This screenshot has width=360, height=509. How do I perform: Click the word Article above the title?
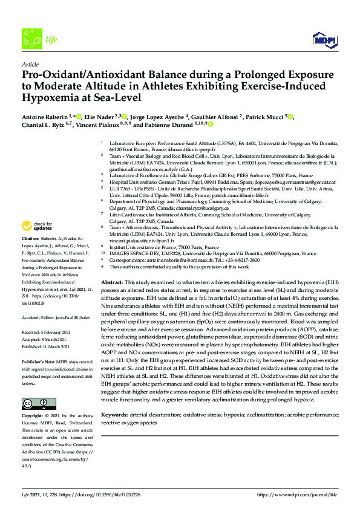pyautogui.click(x=30, y=63)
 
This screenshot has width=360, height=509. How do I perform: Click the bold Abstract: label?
pyautogui.click(x=113, y=283)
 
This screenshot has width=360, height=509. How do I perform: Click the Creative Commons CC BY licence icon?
pyautogui.click(x=31, y=386)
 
